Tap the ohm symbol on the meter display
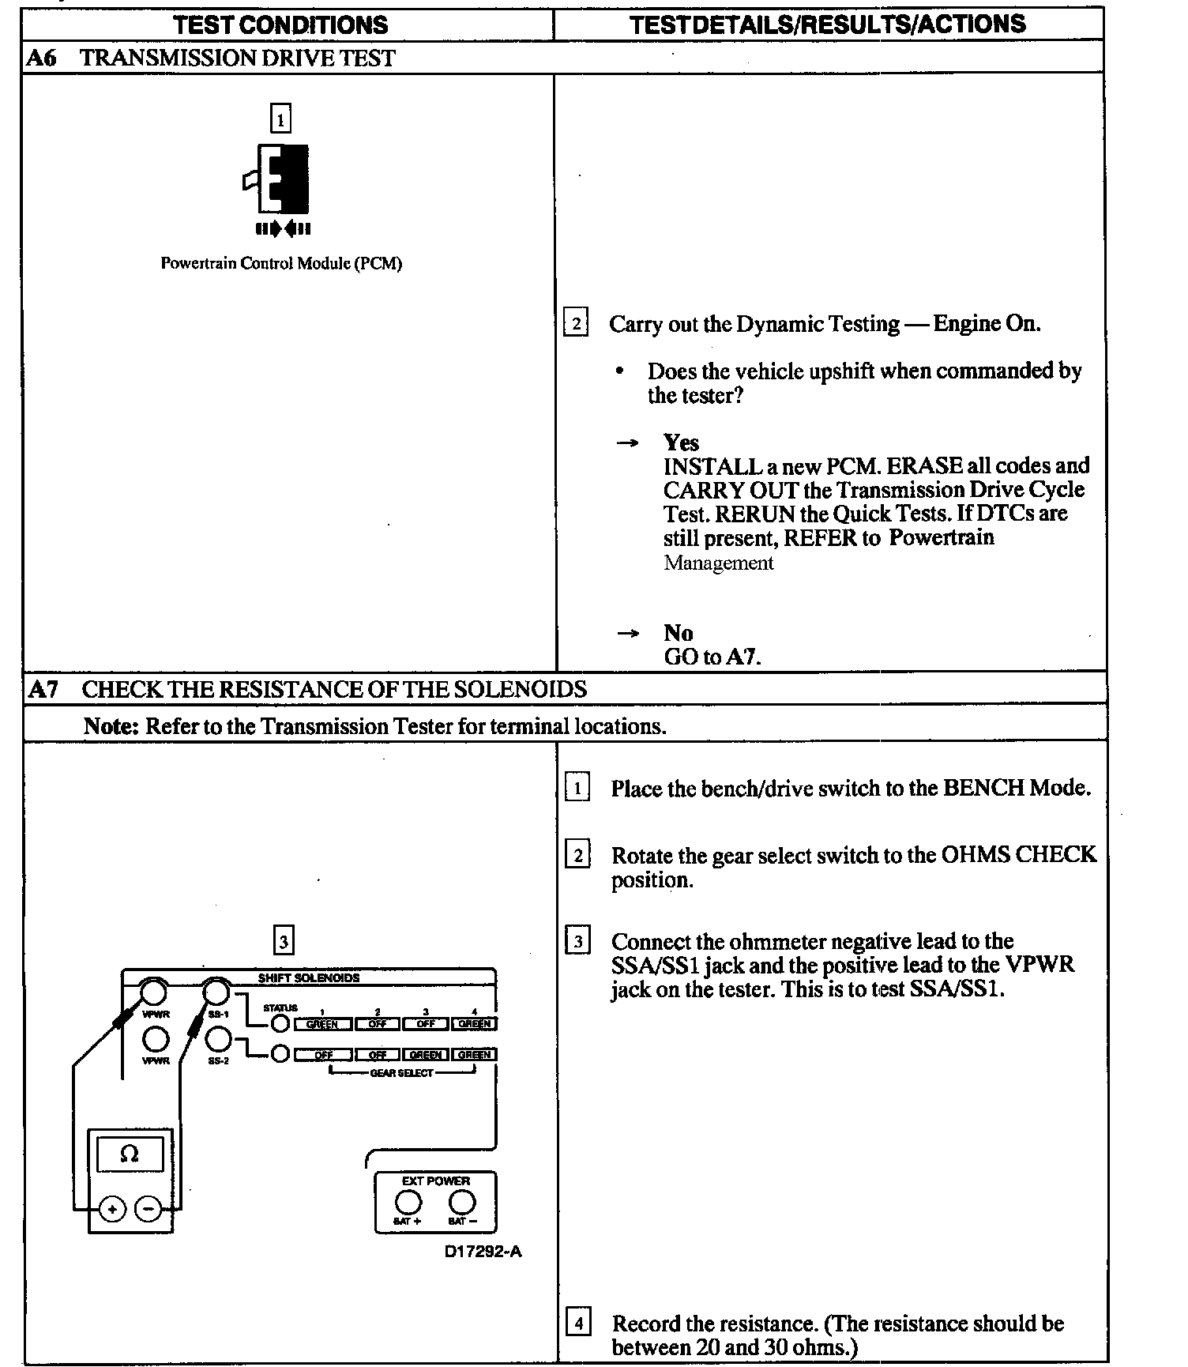pyautogui.click(x=130, y=1154)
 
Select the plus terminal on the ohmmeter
pyautogui.click(x=113, y=1209)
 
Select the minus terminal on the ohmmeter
pyautogui.click(x=148, y=1209)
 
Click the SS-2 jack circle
pyautogui.click(x=217, y=1038)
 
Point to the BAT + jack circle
pyautogui.click(x=408, y=1202)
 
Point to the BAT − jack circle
pyautogui.click(x=462, y=1202)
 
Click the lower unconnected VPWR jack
pyautogui.click(x=155, y=1038)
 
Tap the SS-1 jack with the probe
pyautogui.click(x=216, y=992)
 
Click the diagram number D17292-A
pyautogui.click(x=483, y=1252)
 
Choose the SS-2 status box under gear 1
pyautogui.click(x=323, y=1054)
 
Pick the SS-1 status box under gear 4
pyautogui.click(x=474, y=1024)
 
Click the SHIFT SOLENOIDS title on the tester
pyautogui.click(x=308, y=977)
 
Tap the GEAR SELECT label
pyautogui.click(x=401, y=1073)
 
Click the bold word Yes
pyautogui.click(x=681, y=442)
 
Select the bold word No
pyautogui.click(x=679, y=633)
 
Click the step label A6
pyautogui.click(x=41, y=58)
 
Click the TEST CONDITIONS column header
pyautogui.click(x=280, y=24)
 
